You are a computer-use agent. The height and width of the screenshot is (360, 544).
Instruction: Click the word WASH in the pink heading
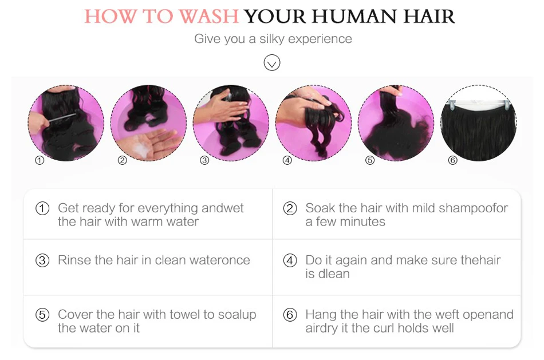point(209,16)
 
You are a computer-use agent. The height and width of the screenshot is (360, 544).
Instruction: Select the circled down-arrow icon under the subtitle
point(271,63)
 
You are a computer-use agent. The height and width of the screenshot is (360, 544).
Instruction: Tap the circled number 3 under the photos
point(204,160)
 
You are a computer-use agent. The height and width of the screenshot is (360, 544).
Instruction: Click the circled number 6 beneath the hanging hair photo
point(453,160)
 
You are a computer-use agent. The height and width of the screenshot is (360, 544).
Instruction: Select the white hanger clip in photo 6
point(451,104)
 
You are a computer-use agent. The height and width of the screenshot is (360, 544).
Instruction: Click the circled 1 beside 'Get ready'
point(42,208)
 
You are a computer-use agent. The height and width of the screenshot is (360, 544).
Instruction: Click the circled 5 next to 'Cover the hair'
point(42,315)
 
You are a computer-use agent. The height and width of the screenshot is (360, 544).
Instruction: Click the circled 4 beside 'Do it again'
point(290,260)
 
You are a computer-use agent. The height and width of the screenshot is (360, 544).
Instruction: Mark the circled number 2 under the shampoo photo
point(123,160)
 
